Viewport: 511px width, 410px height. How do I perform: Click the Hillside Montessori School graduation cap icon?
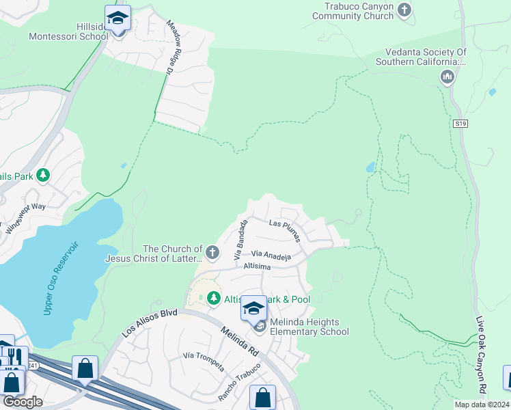118,18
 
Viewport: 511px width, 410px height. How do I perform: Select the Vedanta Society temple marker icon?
448,76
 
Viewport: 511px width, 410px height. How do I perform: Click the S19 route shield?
460,124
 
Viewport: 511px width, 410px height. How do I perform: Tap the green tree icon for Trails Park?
44,176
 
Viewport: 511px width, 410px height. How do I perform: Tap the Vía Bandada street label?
240,239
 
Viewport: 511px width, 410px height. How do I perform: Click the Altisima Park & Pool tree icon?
214,299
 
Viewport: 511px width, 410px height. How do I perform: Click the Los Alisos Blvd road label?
150,323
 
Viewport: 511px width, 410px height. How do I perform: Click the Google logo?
23,402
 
